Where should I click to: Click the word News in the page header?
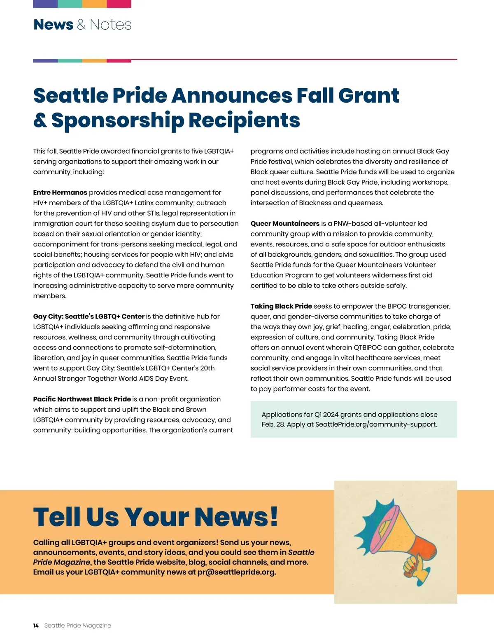[53, 25]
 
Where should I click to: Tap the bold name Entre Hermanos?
[60, 192]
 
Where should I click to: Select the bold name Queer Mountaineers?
[285, 223]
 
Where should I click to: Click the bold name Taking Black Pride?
[281, 306]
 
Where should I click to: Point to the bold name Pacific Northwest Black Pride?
[82, 399]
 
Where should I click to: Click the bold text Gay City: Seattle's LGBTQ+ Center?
[89, 316]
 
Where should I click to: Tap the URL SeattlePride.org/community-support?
[375, 424]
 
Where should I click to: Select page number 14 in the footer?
[36, 626]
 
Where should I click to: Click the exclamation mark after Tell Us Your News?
[273, 517]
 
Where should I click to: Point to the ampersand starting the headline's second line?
[40, 120]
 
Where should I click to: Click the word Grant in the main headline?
[368, 96]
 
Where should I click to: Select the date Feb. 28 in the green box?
[273, 424]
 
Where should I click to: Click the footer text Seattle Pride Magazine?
[77, 626]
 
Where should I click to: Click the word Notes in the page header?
[110, 25]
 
